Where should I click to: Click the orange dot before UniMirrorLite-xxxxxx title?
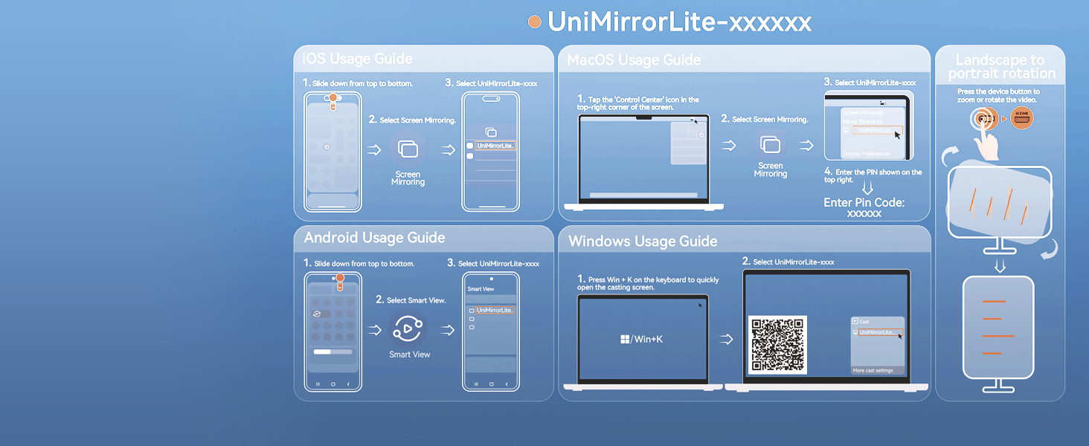click(534, 22)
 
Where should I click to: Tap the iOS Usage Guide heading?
click(353, 59)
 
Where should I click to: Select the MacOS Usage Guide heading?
click(634, 59)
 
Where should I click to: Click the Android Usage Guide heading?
click(374, 238)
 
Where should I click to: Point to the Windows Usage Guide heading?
click(643, 242)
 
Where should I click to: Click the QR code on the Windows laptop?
click(777, 344)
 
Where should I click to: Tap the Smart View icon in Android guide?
click(407, 328)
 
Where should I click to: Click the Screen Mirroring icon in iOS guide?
click(408, 149)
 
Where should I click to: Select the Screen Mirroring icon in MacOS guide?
click(771, 145)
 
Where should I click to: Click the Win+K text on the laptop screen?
click(642, 339)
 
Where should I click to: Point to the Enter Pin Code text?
click(864, 202)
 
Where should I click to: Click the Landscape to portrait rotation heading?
click(1000, 66)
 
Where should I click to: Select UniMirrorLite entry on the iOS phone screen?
click(495, 146)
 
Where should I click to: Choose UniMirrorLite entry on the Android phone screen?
click(494, 310)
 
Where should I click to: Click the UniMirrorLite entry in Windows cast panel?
click(878, 332)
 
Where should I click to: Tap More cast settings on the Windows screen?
click(873, 370)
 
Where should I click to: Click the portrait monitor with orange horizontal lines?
click(998, 327)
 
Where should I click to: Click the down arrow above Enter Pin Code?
click(867, 188)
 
